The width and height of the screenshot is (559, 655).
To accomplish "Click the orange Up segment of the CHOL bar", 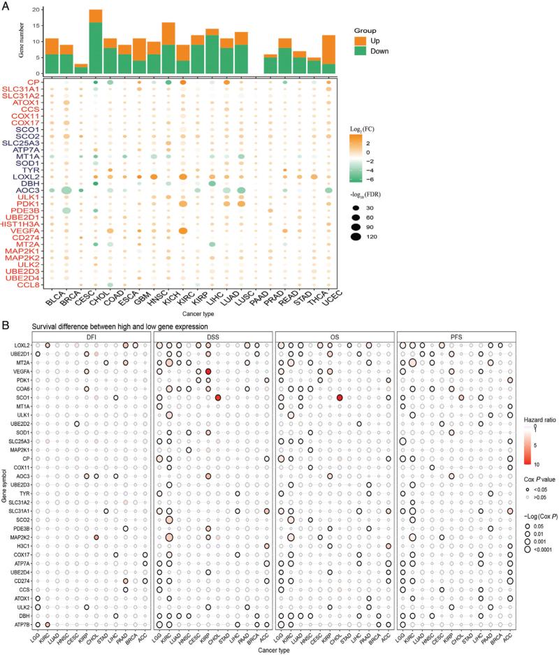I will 96,15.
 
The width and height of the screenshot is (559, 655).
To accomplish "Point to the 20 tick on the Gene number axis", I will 35,10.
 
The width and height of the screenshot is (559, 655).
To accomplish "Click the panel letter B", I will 6,315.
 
